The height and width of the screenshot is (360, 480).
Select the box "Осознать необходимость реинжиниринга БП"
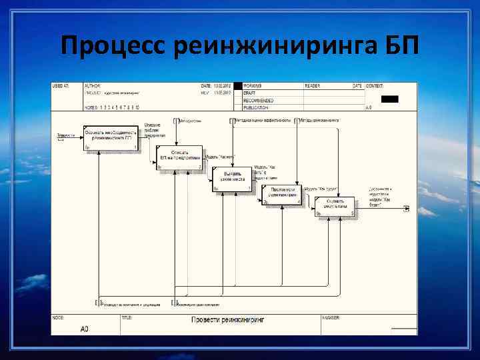[111, 137]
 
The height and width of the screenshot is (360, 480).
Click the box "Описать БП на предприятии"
[179, 157]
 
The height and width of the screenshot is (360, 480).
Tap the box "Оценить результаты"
[335, 205]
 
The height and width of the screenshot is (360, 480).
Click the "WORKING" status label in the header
[252, 86]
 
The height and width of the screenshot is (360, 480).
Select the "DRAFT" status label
[249, 93]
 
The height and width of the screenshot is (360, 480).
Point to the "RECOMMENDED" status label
[258, 100]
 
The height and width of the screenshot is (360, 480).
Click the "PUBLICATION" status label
[256, 107]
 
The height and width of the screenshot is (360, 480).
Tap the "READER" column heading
[312, 86]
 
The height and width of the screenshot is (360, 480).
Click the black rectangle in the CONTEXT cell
[389, 99]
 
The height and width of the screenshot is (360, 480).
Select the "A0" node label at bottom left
[84, 329]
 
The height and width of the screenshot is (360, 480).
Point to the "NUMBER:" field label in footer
[331, 317]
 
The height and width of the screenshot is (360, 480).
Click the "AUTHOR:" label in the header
[92, 86]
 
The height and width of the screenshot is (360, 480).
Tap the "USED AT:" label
[61, 86]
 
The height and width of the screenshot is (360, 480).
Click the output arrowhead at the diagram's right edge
[407, 209]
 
